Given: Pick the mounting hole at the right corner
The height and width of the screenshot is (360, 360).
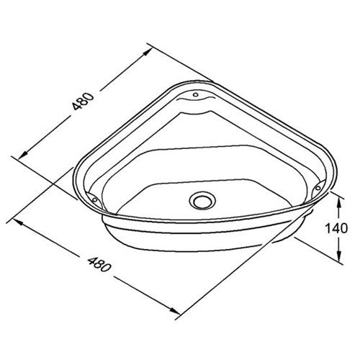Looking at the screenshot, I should pyautogui.click(x=315, y=189).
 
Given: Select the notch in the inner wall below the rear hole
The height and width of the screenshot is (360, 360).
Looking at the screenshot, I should pyautogui.click(x=195, y=110).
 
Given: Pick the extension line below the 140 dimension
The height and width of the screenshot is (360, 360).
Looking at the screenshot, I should pyautogui.click(x=317, y=252).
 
